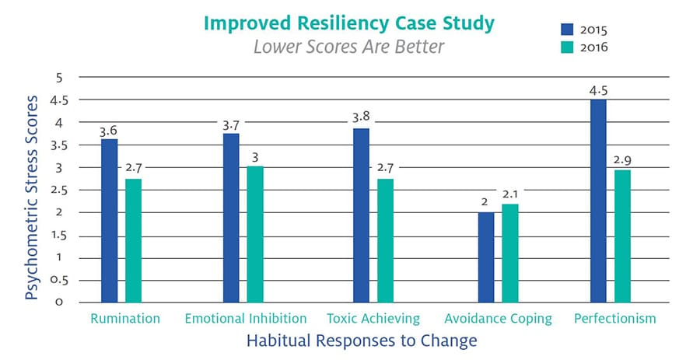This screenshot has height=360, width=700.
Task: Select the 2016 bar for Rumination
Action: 133,241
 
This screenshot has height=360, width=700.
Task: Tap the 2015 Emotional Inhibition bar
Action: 231,218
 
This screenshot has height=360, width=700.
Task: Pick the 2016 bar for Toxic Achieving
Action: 385,241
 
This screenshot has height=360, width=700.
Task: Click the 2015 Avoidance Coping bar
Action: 485,257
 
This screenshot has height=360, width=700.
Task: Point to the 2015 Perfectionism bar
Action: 598,201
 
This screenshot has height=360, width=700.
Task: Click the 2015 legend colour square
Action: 567,29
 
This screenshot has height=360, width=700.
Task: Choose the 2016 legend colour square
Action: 567,47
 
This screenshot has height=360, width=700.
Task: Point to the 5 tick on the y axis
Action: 59,78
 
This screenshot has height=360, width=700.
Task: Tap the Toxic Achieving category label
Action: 373,319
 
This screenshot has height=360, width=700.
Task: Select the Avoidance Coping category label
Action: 498,319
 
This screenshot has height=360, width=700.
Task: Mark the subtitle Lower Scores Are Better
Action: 349,47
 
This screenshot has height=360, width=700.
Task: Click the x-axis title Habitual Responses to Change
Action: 362,341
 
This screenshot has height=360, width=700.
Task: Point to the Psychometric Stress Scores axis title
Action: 32,198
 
